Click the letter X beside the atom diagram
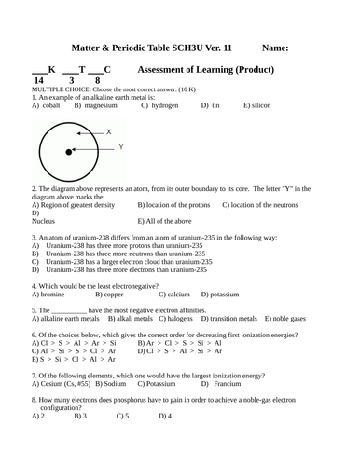(108, 131)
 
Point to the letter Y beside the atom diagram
(121, 147)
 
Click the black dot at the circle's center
(69, 152)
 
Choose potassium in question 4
(223, 294)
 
